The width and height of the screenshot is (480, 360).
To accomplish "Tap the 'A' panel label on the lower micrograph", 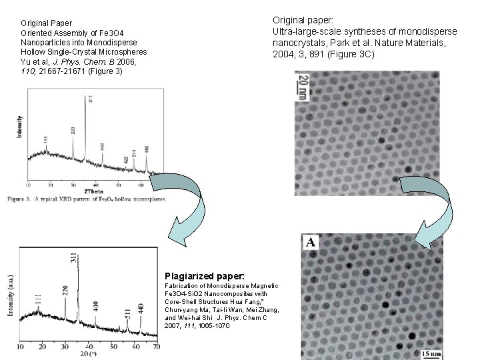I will (311, 243).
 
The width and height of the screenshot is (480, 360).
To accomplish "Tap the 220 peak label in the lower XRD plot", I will (65, 291).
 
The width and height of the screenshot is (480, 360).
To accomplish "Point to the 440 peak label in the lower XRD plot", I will (141, 308).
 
